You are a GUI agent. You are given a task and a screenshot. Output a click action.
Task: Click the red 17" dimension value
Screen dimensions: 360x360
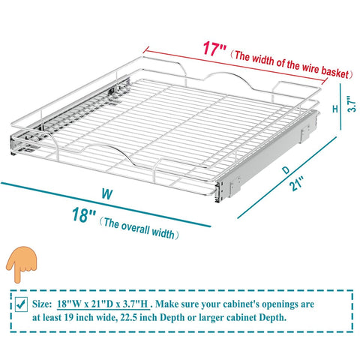point(214,49)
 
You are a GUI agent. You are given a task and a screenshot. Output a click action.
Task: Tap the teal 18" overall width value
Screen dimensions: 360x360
point(84,214)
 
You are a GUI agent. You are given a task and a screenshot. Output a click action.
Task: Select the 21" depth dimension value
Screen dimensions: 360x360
point(296,184)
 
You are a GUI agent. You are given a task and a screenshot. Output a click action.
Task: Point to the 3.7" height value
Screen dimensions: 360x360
point(352,104)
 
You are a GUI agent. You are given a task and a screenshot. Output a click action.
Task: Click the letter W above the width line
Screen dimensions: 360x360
point(107,194)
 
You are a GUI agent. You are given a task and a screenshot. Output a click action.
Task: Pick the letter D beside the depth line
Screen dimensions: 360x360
point(286,170)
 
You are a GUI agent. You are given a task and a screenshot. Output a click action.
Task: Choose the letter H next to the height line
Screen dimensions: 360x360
point(335,109)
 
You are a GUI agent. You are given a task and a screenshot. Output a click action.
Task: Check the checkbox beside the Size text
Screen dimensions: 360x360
point(21,304)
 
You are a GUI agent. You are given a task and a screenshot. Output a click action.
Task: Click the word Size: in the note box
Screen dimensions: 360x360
point(42,304)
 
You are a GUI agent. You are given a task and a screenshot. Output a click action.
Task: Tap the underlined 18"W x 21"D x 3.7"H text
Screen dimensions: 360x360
point(103,304)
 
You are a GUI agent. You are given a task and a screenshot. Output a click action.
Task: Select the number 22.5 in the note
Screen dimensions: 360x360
point(129,317)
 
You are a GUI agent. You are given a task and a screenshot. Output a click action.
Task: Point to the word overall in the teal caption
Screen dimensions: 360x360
point(135,227)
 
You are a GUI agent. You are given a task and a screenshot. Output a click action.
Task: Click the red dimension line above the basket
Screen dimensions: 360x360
point(235,65)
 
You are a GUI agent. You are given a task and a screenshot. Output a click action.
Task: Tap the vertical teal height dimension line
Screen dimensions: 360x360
point(340,106)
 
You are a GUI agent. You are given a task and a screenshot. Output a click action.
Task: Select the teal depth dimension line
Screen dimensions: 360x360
point(287,178)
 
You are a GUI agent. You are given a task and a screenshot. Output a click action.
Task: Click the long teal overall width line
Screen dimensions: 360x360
point(106,205)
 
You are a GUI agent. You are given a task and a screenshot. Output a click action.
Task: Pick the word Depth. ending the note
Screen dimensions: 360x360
point(273,317)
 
